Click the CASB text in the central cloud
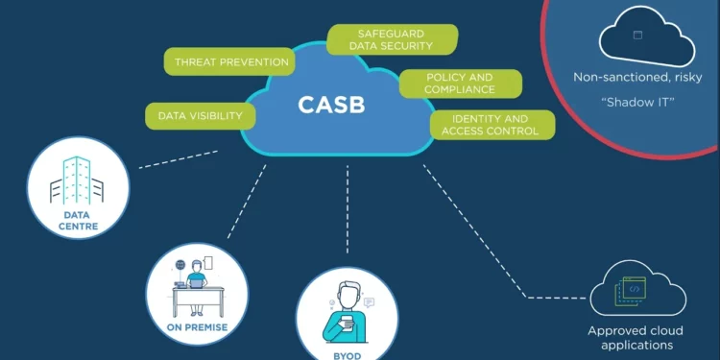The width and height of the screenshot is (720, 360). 331,104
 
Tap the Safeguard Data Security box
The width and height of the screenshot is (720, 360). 393,39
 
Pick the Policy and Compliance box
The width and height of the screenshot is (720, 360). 460,84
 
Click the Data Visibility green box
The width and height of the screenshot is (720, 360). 201,116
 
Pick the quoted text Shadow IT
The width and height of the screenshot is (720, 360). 644,99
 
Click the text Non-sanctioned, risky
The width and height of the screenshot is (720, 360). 644,77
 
